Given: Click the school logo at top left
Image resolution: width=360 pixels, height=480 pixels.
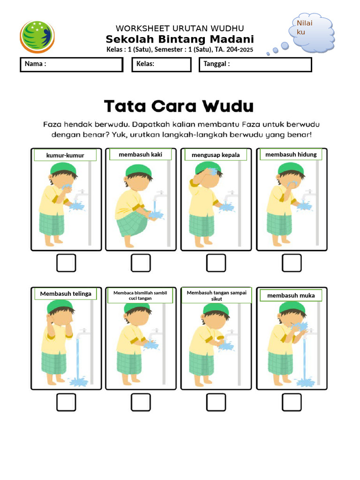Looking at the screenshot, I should (37, 37).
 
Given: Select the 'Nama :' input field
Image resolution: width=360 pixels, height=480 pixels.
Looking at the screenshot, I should (71, 65).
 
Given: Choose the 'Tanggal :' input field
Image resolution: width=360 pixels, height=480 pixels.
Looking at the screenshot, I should (255, 65).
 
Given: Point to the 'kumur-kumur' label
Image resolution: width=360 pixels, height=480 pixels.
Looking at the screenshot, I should (65, 155).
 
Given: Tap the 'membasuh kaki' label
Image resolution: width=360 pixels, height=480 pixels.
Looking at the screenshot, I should (141, 155).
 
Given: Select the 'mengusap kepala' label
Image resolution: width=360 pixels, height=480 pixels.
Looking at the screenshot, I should (216, 155).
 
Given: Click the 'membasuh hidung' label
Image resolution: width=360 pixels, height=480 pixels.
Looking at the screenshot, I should (291, 154).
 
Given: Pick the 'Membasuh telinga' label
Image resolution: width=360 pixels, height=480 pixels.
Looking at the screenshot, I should (66, 294).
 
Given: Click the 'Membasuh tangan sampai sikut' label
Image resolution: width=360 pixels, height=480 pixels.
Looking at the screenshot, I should (217, 296).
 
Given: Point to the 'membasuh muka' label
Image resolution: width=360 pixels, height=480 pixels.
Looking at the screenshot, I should (291, 295).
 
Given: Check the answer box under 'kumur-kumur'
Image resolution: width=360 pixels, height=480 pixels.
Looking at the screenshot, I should (66, 263).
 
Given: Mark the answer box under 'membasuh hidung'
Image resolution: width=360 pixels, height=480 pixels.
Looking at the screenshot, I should (292, 263).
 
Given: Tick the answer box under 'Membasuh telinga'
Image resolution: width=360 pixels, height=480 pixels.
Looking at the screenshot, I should (66, 402).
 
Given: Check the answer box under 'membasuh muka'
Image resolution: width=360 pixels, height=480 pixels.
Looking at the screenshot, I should (292, 402).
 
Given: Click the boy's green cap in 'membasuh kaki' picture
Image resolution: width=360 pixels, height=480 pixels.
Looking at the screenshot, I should (139, 170).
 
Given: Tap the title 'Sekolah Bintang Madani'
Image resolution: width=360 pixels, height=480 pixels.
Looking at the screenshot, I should (180, 39).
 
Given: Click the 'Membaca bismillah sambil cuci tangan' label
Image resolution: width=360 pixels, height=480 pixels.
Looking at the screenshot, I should (140, 295).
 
